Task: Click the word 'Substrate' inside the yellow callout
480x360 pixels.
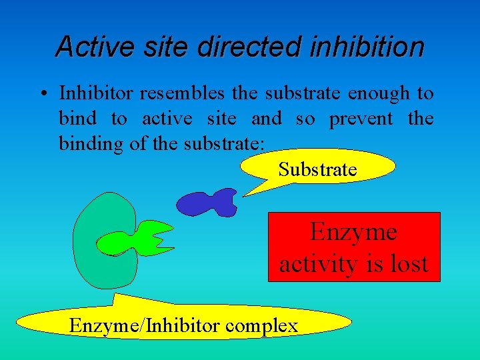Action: coord(317,169)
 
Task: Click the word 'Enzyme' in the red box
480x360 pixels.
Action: coord(353,232)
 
